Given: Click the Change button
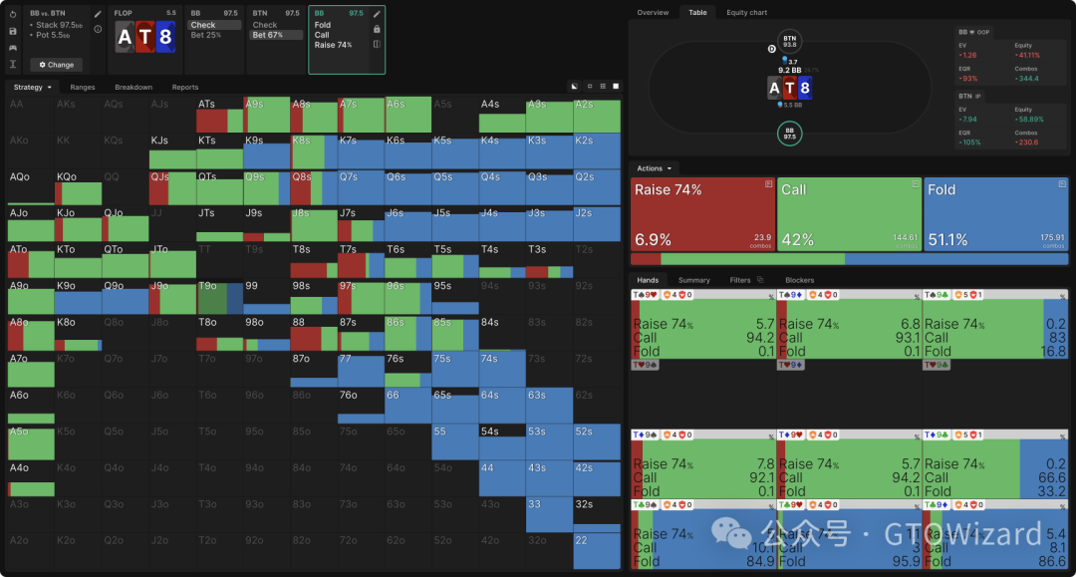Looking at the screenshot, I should pyautogui.click(x=56, y=65).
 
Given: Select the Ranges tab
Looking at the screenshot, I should pyautogui.click(x=83, y=88).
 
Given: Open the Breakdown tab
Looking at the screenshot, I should pyautogui.click(x=134, y=88).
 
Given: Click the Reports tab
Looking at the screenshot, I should pyautogui.click(x=185, y=88).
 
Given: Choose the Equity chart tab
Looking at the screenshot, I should pyautogui.click(x=746, y=13).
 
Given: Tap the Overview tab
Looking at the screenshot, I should pyautogui.click(x=653, y=13).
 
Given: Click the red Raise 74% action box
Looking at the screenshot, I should pyautogui.click(x=702, y=214).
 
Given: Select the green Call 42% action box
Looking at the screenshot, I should pyautogui.click(x=850, y=214).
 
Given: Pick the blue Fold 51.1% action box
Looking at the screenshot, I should pyautogui.click(x=996, y=214).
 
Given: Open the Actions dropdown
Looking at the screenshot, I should pyautogui.click(x=654, y=168).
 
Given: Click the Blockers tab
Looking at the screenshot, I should pyautogui.click(x=799, y=281).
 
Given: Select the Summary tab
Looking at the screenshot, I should pyautogui.click(x=694, y=281).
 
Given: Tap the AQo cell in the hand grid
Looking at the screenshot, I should pyautogui.click(x=30, y=187).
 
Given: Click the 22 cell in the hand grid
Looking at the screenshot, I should pyautogui.click(x=597, y=550).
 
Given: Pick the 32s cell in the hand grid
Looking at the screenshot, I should pyautogui.click(x=597, y=514).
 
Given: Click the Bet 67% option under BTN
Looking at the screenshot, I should pyautogui.click(x=275, y=35).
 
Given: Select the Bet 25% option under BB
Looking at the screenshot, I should pyautogui.click(x=213, y=35).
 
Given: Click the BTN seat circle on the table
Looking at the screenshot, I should pyautogui.click(x=790, y=42).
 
